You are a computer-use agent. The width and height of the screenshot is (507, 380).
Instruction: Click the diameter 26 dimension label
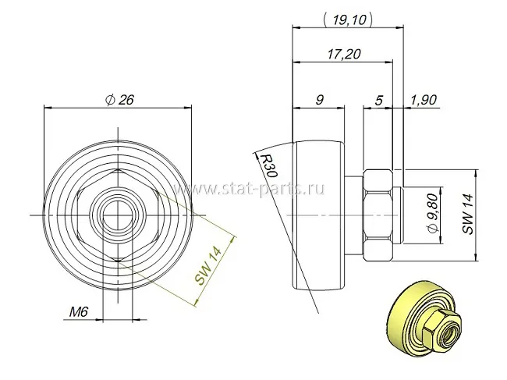click(119, 100)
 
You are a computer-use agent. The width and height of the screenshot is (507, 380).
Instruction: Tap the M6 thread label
click(79, 312)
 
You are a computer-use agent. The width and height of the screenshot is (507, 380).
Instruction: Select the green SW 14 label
click(208, 265)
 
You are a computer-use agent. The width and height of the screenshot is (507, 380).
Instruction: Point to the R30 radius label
click(269, 165)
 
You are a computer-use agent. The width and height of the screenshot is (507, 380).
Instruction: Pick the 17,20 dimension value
click(344, 54)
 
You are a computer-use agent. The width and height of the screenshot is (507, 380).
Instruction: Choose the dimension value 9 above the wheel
click(319, 100)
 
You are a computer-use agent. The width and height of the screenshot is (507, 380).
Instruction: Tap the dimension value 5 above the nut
click(378, 100)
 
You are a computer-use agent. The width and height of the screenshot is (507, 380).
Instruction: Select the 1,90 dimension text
click(424, 100)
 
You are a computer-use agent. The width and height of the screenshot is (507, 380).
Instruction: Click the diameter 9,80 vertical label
click(433, 213)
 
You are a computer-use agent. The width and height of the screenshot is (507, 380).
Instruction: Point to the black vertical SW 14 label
click(467, 214)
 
